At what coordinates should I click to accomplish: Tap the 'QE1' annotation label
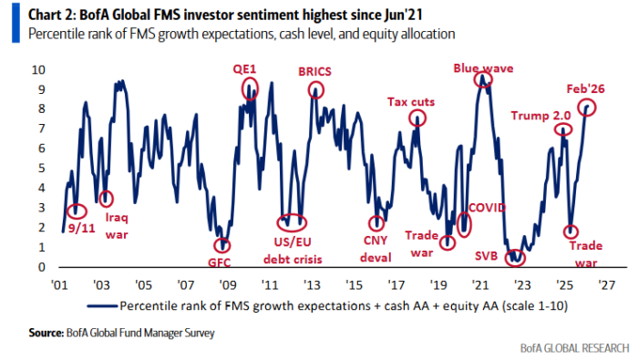244,69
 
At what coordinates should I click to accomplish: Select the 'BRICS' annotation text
314,72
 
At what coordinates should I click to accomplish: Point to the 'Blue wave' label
483,68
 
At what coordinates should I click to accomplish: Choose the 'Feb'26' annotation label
585,88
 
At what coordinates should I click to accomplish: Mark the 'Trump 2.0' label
540,116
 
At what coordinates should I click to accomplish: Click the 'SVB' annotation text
486,256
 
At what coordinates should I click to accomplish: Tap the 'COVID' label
487,208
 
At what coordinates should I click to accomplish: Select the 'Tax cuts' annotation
411,102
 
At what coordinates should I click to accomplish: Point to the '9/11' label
81,228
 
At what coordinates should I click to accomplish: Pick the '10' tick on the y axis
38,69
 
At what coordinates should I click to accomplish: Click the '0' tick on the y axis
42,267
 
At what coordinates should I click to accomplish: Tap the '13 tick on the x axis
312,284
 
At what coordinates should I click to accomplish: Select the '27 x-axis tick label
607,284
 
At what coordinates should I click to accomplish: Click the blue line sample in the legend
102,306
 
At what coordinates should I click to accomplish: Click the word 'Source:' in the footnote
46,333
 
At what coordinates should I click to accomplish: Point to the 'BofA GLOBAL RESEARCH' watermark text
574,348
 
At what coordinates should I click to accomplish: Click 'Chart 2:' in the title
51,15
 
